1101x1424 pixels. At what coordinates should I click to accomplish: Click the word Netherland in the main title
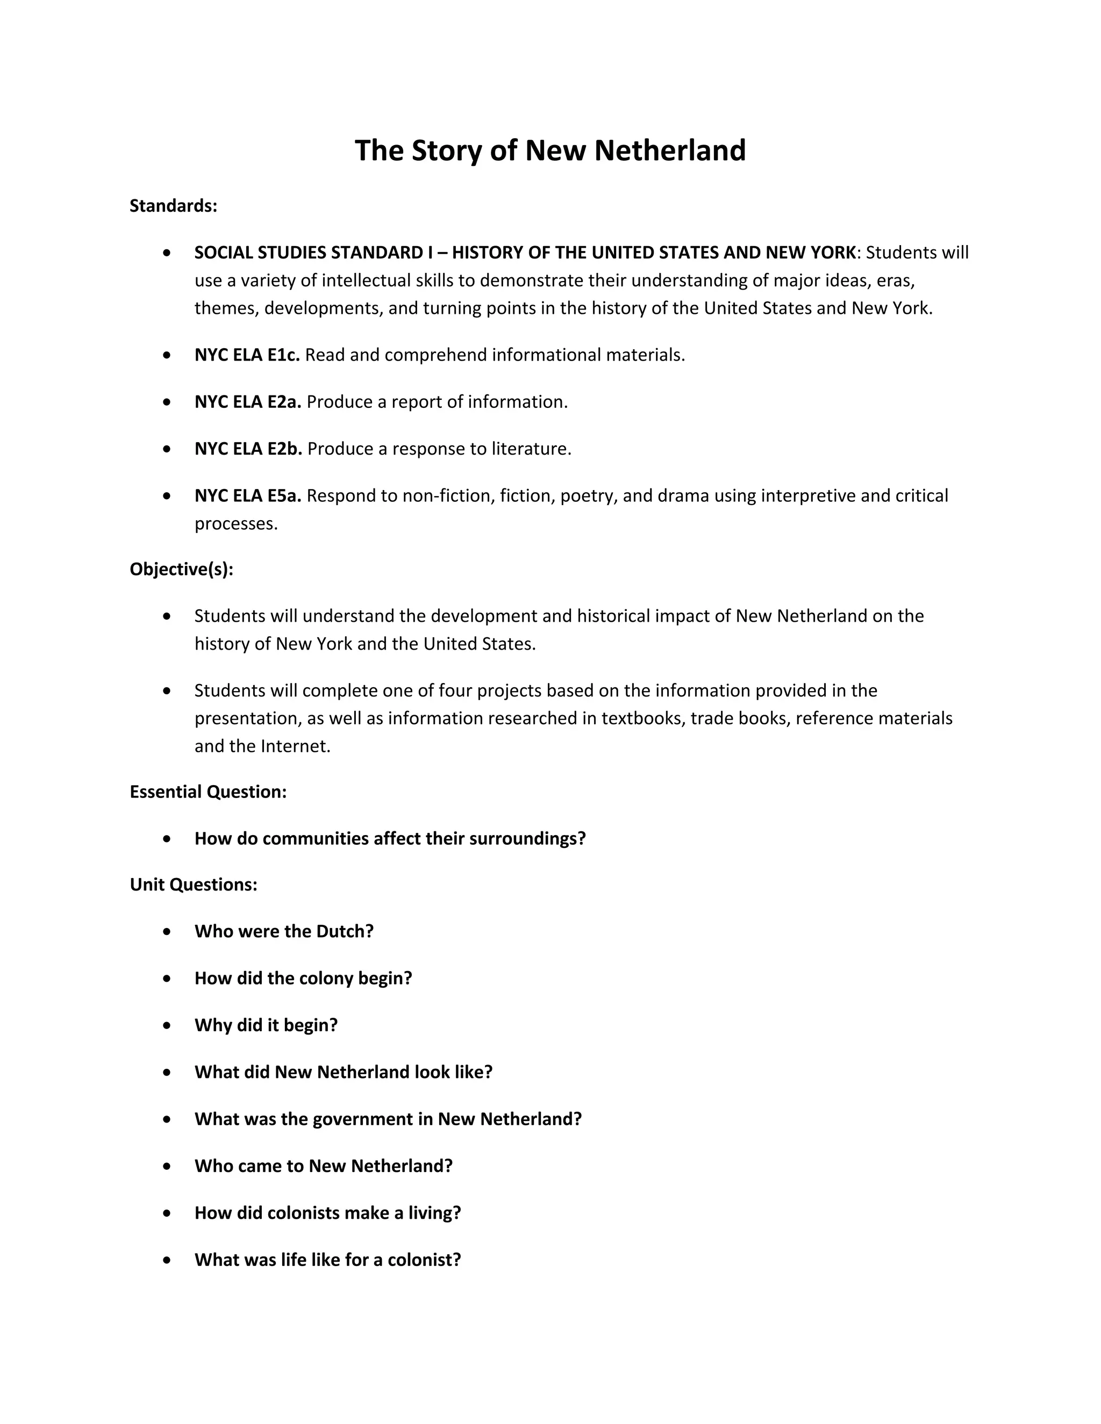coord(669,150)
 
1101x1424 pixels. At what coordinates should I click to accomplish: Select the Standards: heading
coord(173,206)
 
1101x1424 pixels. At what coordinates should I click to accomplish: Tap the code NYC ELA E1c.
coord(247,355)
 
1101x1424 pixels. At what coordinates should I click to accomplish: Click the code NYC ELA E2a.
coord(247,402)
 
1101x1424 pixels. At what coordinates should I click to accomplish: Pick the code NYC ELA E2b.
coord(248,449)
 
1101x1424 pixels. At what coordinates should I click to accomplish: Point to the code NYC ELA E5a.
coord(247,496)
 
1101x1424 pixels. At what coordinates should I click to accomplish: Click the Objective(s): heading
coord(181,570)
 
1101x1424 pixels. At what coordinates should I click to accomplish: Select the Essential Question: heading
coord(208,792)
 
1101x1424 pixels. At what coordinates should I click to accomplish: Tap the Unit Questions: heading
coord(193,885)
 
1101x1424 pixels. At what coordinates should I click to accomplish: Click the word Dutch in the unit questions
coord(343,932)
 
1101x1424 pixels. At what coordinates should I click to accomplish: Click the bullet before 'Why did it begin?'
coord(168,1026)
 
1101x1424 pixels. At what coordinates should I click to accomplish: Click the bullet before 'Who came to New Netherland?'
coord(168,1167)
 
